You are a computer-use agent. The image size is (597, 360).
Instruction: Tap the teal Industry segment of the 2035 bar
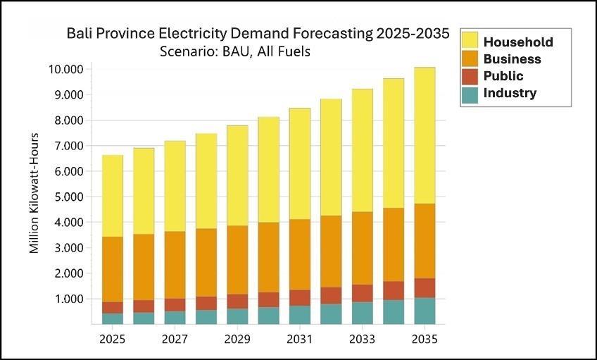[x=424, y=311]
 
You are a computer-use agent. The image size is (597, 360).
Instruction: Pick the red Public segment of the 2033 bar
[x=362, y=293]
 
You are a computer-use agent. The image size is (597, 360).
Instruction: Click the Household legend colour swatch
[x=470, y=42]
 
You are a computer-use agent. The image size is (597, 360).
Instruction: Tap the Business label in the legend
[x=512, y=59]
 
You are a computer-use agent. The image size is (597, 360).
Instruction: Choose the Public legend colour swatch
[x=470, y=76]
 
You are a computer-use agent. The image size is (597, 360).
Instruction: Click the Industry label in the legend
[x=510, y=93]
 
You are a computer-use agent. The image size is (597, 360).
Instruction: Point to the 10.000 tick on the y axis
[x=66, y=69]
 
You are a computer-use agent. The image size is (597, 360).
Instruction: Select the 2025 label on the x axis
[x=113, y=340]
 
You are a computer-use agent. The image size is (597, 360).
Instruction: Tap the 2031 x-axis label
[x=299, y=340]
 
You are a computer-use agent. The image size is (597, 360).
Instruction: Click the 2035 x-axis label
[x=424, y=340]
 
